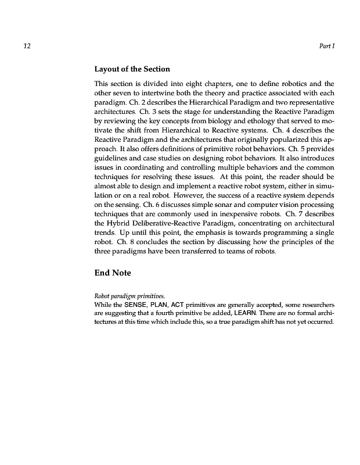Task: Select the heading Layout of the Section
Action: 132,70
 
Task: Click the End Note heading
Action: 113,272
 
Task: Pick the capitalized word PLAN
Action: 159,305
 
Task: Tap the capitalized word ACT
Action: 178,305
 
